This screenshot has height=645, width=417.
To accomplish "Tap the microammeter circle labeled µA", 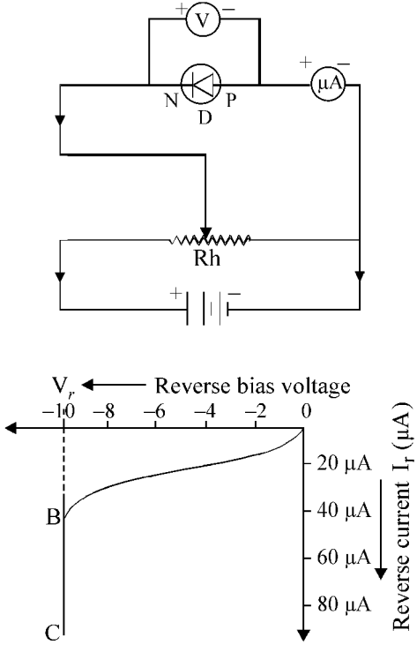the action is (327, 85).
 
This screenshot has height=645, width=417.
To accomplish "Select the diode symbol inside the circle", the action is (201, 86).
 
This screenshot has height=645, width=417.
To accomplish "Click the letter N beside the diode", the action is (172, 100).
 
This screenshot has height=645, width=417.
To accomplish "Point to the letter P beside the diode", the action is (231, 100).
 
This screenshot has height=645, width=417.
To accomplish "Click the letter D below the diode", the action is (205, 117).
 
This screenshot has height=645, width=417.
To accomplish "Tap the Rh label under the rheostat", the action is (206, 259).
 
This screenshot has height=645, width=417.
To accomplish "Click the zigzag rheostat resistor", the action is (210, 239).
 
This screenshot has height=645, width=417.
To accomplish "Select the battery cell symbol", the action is (207, 309).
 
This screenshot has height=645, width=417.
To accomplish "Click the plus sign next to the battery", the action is (175, 294).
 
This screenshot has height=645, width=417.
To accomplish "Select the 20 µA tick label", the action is (345, 464).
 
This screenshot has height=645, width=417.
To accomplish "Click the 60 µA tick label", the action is (345, 558).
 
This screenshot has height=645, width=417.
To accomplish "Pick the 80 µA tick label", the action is (345, 604).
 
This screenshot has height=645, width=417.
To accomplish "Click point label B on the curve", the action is (54, 517).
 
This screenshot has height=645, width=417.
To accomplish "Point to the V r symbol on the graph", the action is (63, 386).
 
